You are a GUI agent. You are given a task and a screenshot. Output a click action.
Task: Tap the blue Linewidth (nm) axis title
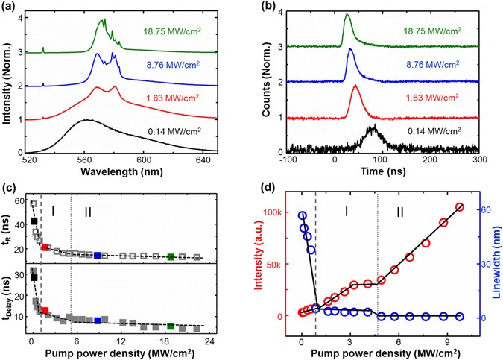(x=494, y=269)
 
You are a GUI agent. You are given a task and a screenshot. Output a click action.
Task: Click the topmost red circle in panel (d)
(x=460, y=207)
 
